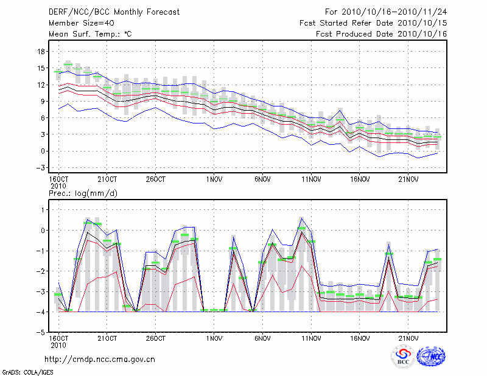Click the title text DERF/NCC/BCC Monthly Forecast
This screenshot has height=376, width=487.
coord(114,12)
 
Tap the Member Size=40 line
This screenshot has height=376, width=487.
coord(80,23)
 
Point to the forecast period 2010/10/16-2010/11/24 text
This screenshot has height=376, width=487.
coord(386,12)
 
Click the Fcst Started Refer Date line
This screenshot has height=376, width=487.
coord(373,23)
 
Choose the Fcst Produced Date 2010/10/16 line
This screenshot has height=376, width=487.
coord(381,33)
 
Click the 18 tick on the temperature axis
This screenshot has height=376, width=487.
coord(42,52)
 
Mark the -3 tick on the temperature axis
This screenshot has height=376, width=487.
coord(41,167)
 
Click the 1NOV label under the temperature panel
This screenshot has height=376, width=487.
coord(214,179)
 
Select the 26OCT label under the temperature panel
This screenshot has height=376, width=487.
coord(156,179)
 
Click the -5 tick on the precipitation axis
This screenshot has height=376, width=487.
coord(41,333)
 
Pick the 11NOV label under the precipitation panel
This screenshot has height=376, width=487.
coord(311,339)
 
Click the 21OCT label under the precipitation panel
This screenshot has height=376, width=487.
coord(107,339)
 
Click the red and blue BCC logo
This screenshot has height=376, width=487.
coord(403,357)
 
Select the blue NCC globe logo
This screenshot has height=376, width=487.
coord(430,357)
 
